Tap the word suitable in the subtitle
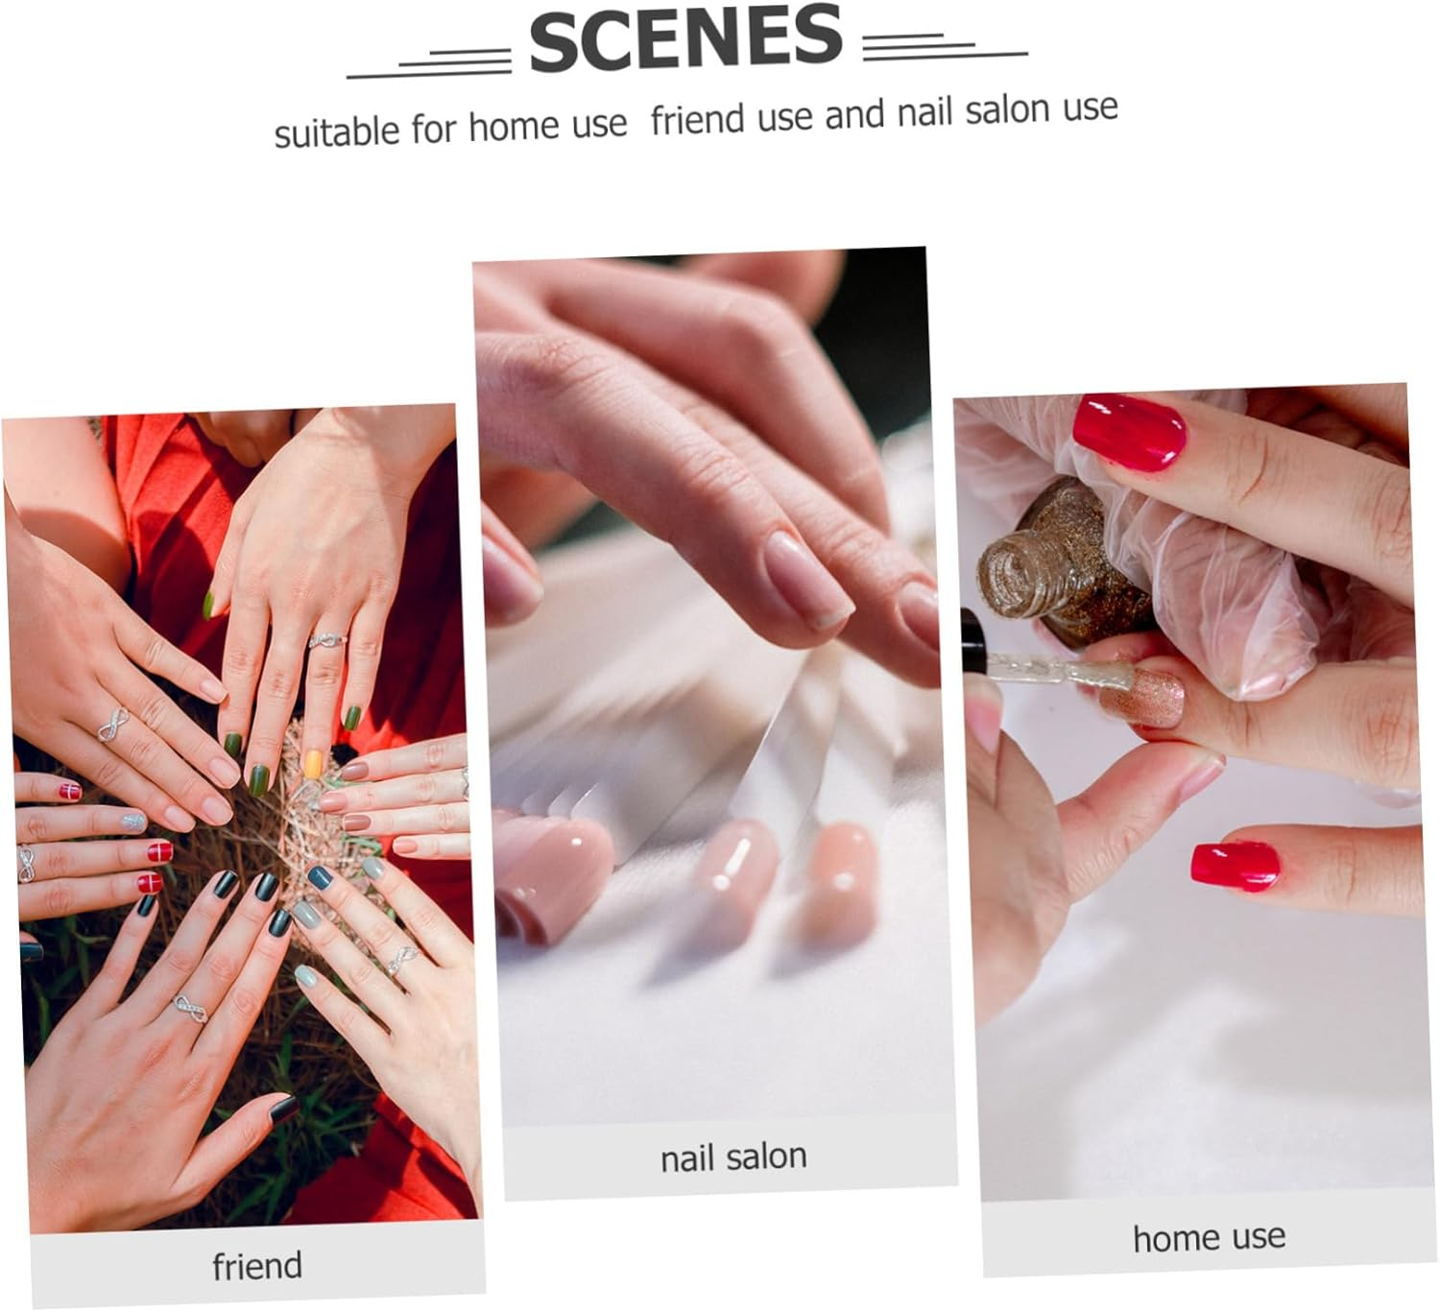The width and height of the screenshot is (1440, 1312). point(336,131)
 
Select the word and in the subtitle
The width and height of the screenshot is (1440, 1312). point(854,114)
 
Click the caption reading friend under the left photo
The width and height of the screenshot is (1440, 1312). point(257,1265)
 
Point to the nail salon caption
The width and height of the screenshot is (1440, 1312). point(733,1157)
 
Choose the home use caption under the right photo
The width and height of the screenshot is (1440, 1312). point(1209,1237)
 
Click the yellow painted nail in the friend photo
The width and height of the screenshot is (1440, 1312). point(313,764)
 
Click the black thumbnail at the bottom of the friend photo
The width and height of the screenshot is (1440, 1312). point(284,1109)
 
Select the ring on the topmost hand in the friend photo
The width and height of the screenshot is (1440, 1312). point(326,639)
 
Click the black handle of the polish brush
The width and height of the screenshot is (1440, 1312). point(972,642)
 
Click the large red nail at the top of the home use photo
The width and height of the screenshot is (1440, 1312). point(1129,432)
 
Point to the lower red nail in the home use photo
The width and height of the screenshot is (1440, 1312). point(1235,867)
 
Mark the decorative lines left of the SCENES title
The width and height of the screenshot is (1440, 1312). point(429,63)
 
